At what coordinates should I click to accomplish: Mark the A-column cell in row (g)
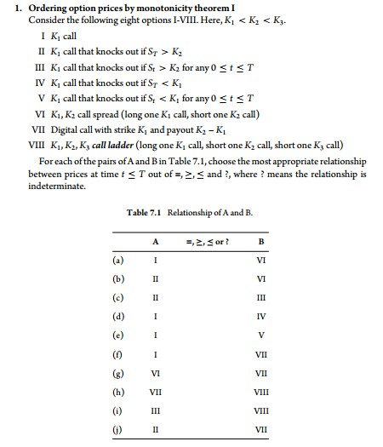click(x=155, y=373)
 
